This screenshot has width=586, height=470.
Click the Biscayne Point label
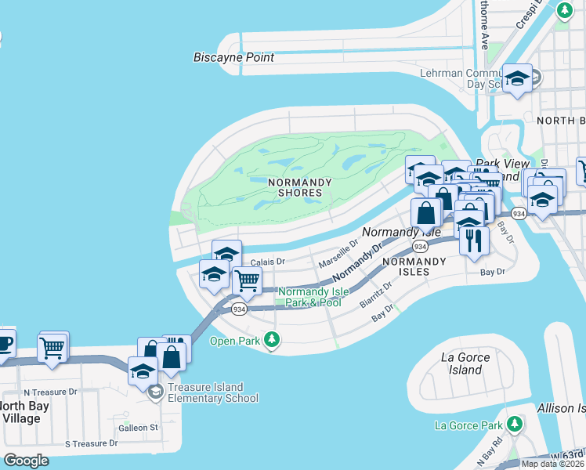(x=233, y=57)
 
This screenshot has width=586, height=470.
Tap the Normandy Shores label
(x=295, y=187)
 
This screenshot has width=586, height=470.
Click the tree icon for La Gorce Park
(x=515, y=425)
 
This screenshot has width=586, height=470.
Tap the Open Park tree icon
(x=272, y=340)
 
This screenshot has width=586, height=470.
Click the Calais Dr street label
(x=268, y=262)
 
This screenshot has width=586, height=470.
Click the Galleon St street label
(x=138, y=428)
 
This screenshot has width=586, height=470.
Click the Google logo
(x=26, y=461)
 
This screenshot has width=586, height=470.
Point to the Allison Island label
(x=561, y=408)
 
